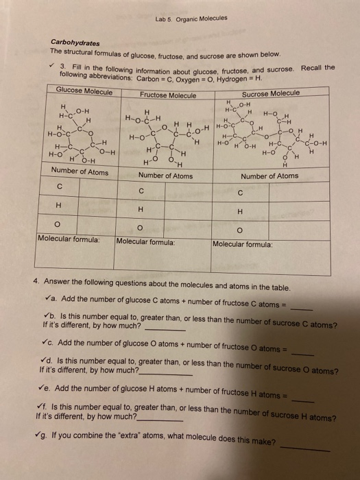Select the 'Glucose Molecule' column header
click(84, 92)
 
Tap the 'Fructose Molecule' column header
click(167, 95)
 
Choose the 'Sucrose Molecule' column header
click(270, 93)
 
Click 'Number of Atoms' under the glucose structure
click(80, 171)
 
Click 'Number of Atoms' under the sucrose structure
click(269, 176)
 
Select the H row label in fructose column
click(140, 210)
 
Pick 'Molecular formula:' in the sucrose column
click(243, 243)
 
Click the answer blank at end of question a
click(300, 309)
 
